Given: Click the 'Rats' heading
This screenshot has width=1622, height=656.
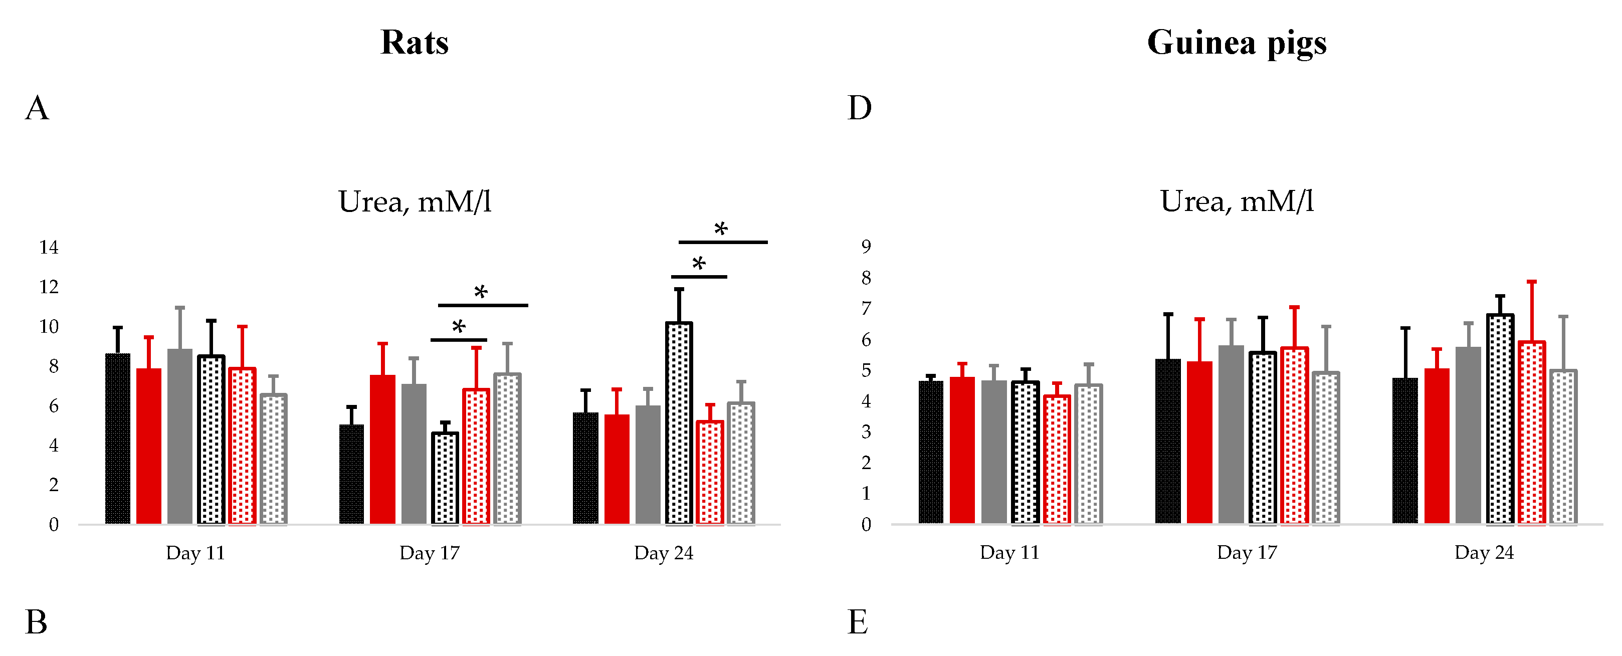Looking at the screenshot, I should point(415,43).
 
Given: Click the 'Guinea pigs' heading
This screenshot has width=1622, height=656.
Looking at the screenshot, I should point(1236,43).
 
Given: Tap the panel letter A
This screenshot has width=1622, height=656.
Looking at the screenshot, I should point(37,108).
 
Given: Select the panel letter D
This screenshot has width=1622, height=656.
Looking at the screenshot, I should point(860,108).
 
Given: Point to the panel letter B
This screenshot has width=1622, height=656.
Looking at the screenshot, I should point(37,622).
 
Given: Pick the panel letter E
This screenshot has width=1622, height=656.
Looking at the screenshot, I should point(858,622).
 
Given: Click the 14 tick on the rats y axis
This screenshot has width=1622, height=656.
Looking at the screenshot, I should point(49,248).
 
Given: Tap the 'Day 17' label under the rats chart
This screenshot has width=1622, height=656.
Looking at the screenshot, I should point(430,553).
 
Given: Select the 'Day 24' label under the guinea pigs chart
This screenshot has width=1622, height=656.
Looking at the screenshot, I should point(1484,552).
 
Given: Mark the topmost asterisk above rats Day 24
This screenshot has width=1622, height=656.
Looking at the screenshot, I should point(721,229).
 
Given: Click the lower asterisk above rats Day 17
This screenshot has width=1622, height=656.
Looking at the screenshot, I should point(459,327).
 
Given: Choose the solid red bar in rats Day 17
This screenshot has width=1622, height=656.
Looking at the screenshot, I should point(382,450).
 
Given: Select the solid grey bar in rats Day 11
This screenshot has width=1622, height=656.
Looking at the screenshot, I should point(179,436).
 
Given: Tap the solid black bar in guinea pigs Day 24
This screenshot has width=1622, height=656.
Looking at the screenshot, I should point(1405,451).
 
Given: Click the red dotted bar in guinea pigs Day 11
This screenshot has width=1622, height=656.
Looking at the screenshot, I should point(1057,460).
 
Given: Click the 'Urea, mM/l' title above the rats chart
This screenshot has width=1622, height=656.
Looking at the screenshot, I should point(415,202).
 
